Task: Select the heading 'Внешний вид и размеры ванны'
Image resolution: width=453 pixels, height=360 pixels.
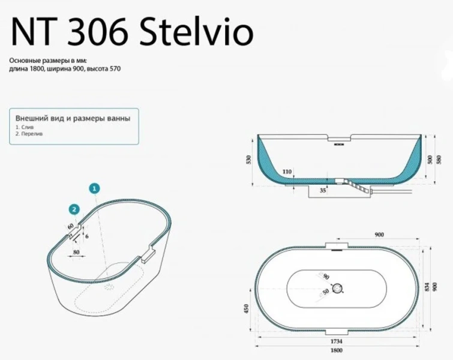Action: click(72, 119)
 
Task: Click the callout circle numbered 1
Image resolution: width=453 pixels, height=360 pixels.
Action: click(94, 188)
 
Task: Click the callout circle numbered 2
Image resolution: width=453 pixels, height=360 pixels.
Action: click(73, 209)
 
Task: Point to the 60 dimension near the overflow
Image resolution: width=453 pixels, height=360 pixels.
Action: click(70, 226)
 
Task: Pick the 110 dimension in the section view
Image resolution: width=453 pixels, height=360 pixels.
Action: click(287, 172)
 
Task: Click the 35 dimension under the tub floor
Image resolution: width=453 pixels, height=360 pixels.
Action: click(323, 191)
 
